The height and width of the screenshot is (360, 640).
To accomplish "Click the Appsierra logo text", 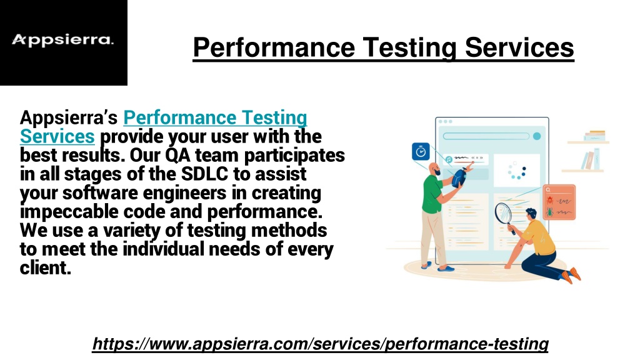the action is [x=62, y=40].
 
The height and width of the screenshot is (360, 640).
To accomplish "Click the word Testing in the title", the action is [x=409, y=47].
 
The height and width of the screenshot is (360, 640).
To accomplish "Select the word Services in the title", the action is [x=519, y=47].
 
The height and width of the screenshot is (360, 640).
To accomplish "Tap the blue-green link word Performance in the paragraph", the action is [x=179, y=117].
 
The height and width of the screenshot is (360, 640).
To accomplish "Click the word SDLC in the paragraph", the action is [x=204, y=174].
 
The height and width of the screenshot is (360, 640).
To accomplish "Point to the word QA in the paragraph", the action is [x=177, y=156].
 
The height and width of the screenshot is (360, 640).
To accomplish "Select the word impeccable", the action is [x=69, y=211].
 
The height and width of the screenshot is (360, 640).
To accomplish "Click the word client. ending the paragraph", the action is [x=45, y=267].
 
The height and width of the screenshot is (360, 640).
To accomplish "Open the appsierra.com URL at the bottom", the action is [x=321, y=344].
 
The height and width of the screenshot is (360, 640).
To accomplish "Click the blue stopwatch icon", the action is [x=421, y=151].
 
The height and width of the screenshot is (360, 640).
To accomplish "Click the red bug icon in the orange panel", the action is [x=550, y=201].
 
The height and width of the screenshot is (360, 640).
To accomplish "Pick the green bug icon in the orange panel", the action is [x=550, y=212].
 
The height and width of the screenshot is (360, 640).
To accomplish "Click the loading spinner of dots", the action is [x=517, y=171].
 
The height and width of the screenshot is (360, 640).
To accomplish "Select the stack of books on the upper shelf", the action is [x=594, y=136].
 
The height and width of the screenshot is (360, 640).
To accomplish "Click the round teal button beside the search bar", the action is [x=537, y=136].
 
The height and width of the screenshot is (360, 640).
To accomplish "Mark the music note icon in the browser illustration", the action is [x=449, y=159].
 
